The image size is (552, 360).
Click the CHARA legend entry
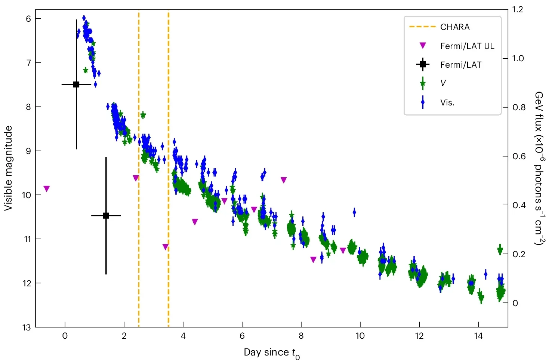(454, 27)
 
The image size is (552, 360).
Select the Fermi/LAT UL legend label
(467, 46)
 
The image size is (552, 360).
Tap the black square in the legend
(423, 65)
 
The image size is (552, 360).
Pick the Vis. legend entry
(447, 102)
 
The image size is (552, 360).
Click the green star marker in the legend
(423, 83)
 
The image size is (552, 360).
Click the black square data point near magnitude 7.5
(76, 84)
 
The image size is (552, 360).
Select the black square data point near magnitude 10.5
(106, 215)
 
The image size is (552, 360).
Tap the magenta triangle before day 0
(46, 188)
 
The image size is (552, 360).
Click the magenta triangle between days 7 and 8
(284, 180)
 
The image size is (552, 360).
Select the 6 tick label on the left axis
(28, 19)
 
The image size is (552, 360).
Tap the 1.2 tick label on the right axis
(518, 9)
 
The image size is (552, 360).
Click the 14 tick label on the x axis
(478, 336)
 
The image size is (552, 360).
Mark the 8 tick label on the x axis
(301, 336)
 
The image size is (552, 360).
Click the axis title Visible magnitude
(8, 168)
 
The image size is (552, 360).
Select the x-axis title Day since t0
(272, 353)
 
